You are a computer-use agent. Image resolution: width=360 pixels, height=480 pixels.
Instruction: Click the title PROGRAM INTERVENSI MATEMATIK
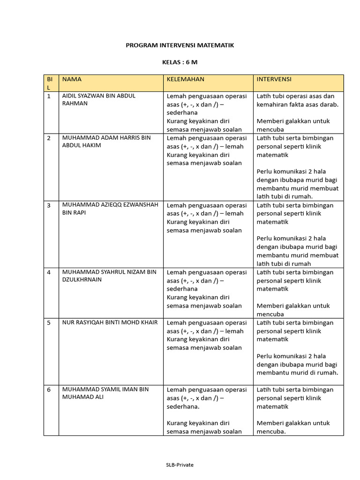tap(180, 45)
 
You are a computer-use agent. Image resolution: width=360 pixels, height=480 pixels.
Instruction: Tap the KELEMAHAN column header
tap(186, 79)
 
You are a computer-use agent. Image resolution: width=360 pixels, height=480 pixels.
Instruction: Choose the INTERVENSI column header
tap(274, 79)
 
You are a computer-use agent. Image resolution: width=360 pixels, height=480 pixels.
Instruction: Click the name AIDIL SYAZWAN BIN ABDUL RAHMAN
tap(98, 99)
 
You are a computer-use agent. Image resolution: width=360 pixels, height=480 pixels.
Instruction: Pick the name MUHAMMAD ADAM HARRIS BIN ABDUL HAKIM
tap(106, 141)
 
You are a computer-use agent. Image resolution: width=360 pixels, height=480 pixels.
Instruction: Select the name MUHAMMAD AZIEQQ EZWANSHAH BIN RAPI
tap(110, 209)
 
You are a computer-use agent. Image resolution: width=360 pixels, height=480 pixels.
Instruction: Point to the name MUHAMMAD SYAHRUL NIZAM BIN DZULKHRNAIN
tap(109, 276)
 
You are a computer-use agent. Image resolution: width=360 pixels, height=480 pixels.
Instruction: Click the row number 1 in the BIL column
tap(48, 96)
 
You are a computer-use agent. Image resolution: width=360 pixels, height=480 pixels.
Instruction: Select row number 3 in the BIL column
tap(48, 205)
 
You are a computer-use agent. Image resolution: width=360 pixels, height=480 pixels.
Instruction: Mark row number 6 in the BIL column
tap(48, 390)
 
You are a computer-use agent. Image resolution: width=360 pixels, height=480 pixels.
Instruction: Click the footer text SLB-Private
tap(180, 465)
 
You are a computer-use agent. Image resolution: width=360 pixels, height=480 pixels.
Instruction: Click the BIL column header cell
tap(51, 83)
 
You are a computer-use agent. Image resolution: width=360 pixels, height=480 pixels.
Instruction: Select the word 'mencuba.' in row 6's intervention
tap(271, 432)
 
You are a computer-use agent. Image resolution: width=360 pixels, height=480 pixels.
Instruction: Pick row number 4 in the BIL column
tap(48, 272)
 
